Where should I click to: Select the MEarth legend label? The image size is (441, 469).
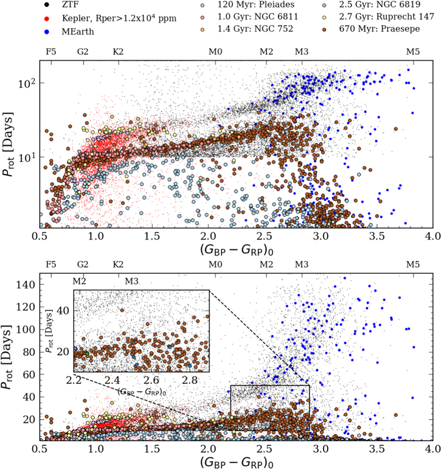coord(78,32)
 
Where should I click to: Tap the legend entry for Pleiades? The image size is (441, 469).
coord(248,5)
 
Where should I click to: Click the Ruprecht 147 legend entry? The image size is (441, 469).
coord(378,17)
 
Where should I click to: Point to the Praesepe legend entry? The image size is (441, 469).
coord(370,29)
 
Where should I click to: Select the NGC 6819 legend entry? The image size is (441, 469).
coord(371,5)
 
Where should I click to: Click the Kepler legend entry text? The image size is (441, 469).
coord(119,18)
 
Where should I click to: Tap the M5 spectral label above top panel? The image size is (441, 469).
coord(413,52)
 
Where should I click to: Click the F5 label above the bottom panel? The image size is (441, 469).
coord(51,265)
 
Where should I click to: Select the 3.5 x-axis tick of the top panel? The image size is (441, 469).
coord(377,236)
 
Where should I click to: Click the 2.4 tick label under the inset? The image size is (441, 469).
coord(113,380)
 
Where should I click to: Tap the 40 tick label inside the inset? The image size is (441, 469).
coord(63,311)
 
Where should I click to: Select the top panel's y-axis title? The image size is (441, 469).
coord(7,144)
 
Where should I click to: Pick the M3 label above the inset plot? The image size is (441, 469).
coord(131,282)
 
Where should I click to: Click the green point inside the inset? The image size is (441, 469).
coord(88,354)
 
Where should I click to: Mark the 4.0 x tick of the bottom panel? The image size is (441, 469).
coord(433,449)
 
